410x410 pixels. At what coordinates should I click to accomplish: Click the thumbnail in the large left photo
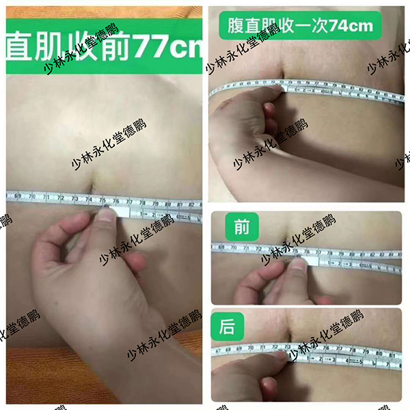[x=105, y=216]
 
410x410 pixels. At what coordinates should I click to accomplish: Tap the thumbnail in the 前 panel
[x=298, y=264]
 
